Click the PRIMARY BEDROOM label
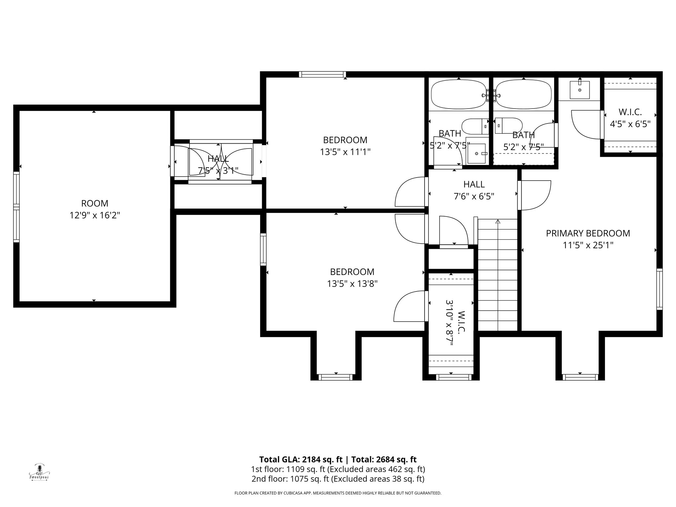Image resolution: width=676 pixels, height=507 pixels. pos(588,233)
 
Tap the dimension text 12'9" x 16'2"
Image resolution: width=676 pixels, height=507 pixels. pos(94,216)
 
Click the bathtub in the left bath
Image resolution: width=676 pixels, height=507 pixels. pos(458,94)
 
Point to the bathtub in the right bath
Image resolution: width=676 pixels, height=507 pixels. pos(524,94)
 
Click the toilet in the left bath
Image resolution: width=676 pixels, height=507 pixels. pos(474,126)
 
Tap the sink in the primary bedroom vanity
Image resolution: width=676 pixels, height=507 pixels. pos(580,89)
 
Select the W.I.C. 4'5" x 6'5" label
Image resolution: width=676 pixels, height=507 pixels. pos(630,118)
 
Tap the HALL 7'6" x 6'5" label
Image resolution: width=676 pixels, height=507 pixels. pos(474,190)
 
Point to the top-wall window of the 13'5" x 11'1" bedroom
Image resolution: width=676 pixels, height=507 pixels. pos(322,74)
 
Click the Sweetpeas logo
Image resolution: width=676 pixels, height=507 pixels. pos(39,472)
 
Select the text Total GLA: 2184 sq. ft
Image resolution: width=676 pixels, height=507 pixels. pos(301,459)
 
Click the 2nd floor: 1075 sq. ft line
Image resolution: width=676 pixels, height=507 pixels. pos(338,479)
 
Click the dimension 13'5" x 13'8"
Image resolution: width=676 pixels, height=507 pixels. pos(352,284)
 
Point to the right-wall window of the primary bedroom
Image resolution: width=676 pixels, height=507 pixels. pos(659,289)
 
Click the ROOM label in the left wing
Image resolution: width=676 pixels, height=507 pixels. pos(94,203)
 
